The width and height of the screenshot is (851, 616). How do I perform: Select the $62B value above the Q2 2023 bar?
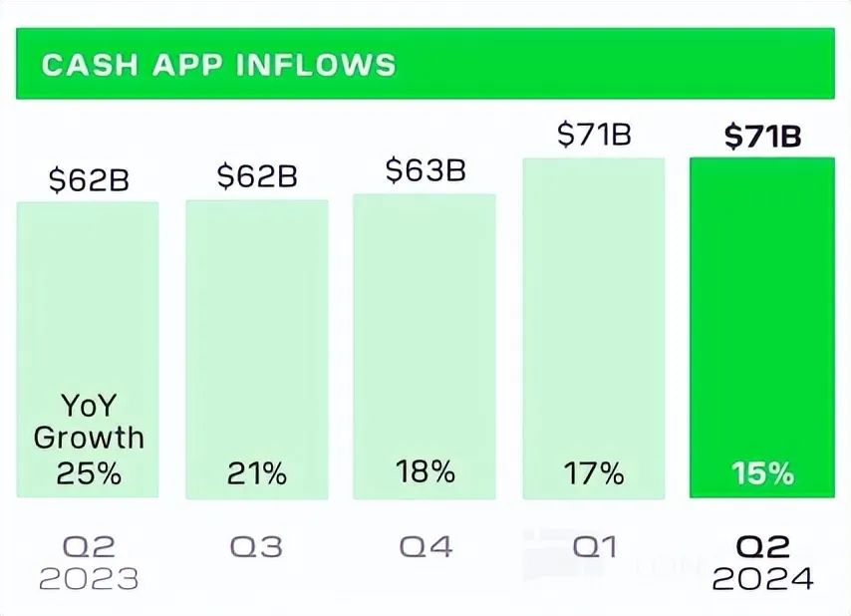89,181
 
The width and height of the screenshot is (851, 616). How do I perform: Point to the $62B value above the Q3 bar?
257,176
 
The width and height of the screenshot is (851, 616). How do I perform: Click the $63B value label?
425,170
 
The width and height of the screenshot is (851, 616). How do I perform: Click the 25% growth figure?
89,473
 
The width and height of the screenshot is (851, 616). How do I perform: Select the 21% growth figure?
256,473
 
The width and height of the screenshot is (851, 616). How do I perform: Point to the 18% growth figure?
425,471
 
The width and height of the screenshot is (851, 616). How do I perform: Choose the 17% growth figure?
594,473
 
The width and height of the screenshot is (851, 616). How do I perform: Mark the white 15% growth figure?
763,473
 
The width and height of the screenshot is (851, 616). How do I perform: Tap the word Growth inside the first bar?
89,438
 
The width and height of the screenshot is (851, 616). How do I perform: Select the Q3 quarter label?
256,546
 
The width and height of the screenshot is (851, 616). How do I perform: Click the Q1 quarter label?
595,546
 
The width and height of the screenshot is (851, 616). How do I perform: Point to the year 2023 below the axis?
89,579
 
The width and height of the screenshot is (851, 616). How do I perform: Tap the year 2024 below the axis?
763,579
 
